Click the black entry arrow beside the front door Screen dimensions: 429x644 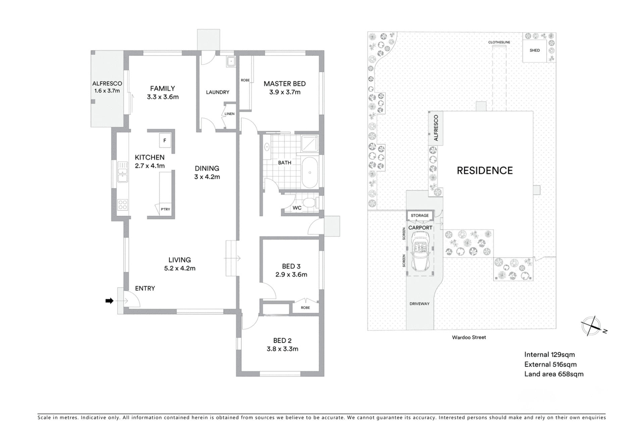tap(109, 301)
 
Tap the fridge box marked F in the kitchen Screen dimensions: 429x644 tap(165, 140)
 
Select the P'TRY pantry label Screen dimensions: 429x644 tap(165, 209)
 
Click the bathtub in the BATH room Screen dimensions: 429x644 tap(310, 173)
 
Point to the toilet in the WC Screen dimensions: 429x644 tap(308, 202)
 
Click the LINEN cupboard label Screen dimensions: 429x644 tap(229, 114)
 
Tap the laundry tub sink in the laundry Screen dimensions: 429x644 tap(231, 61)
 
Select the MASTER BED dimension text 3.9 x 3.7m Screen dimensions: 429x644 tap(285, 92)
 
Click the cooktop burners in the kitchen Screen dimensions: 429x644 tap(122, 205)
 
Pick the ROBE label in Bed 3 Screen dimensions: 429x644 tap(305, 308)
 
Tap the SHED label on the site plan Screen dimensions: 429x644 tap(535, 50)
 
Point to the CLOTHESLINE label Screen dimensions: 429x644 tap(499, 42)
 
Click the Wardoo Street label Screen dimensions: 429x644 tap(469, 338)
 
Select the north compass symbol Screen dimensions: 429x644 tap(591, 326)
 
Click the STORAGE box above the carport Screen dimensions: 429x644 tap(420, 216)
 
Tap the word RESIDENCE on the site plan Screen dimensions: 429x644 tap(485, 171)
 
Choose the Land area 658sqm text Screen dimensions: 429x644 tap(554, 374)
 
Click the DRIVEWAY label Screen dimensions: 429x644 tap(419, 304)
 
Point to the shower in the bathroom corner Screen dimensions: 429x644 tap(310, 143)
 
